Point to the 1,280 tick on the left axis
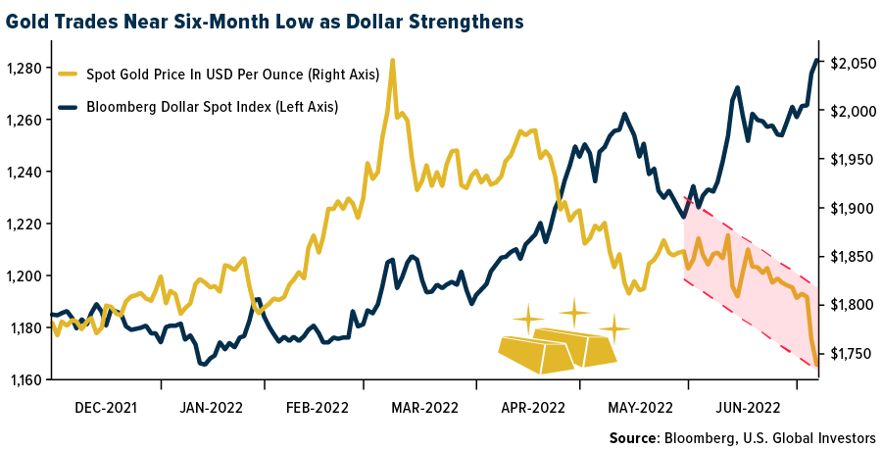[x=24, y=68]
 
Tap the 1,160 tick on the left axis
[x=24, y=379]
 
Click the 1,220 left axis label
[x=24, y=224]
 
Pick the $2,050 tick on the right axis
[x=852, y=64]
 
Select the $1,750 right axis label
[x=852, y=353]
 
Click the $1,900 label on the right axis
[x=852, y=208]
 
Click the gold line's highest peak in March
[x=392, y=61]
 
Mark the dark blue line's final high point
[x=817, y=61]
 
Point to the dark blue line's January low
[x=203, y=365]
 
